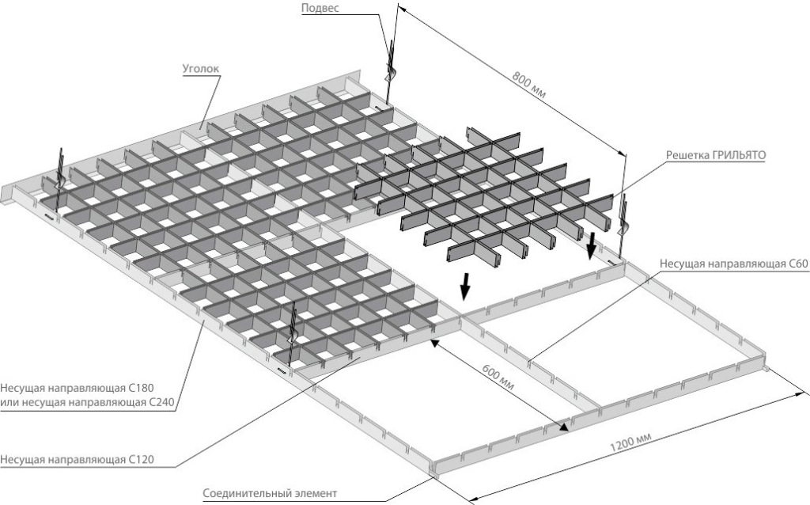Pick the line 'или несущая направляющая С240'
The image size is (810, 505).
point(87,403)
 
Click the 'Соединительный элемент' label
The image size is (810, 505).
point(270,493)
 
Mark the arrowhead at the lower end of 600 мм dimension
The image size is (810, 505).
point(564,427)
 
